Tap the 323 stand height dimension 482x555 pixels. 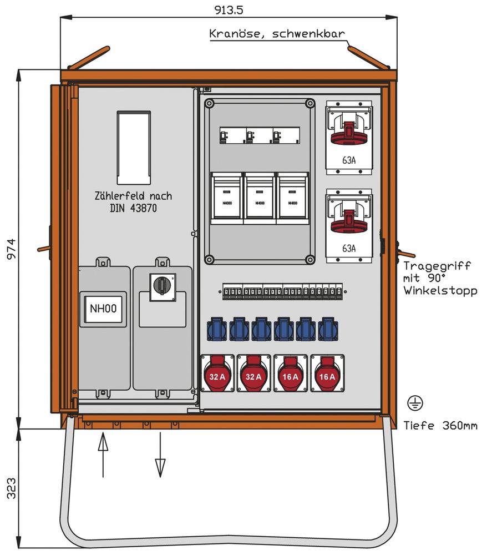click(x=11, y=488)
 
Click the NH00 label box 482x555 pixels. click(x=103, y=309)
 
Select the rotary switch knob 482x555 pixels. click(x=163, y=285)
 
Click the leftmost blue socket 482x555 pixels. click(x=217, y=329)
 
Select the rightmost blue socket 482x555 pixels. click(x=328, y=329)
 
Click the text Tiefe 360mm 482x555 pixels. click(x=440, y=426)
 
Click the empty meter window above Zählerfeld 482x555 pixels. click(x=133, y=147)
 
